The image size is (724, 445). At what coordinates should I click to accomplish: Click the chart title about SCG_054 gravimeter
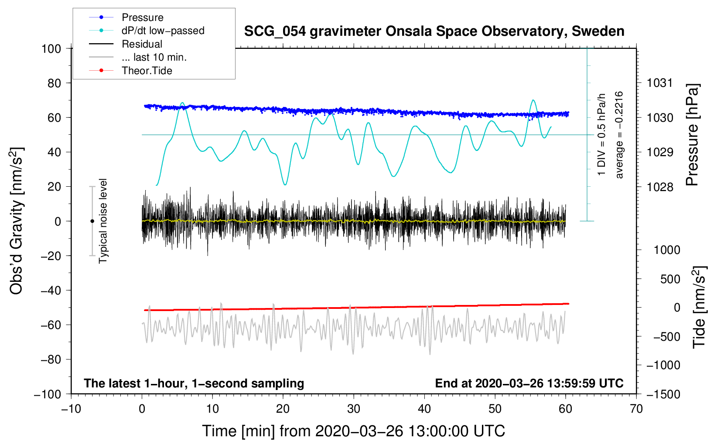[434, 31]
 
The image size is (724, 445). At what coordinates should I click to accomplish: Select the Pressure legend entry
[142, 17]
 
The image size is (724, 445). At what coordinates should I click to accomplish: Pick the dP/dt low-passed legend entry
[163, 31]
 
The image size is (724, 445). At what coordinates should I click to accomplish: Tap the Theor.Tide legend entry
[147, 71]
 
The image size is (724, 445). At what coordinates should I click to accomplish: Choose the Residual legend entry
[142, 44]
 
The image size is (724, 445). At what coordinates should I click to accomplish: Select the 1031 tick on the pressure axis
[660, 83]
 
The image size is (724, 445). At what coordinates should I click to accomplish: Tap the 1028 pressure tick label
[660, 187]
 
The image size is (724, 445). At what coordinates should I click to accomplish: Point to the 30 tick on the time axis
[354, 409]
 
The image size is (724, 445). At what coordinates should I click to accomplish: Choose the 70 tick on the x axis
[636, 409]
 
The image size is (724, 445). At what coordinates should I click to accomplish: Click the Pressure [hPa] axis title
[692, 135]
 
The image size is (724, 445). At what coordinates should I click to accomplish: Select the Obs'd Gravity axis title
[16, 221]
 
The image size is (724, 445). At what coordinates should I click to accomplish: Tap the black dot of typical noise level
[92, 221]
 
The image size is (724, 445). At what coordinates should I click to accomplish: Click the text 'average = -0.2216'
[619, 135]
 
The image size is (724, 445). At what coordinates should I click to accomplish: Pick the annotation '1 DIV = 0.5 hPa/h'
[602, 135]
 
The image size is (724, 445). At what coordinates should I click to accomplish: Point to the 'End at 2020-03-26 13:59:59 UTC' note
[529, 383]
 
